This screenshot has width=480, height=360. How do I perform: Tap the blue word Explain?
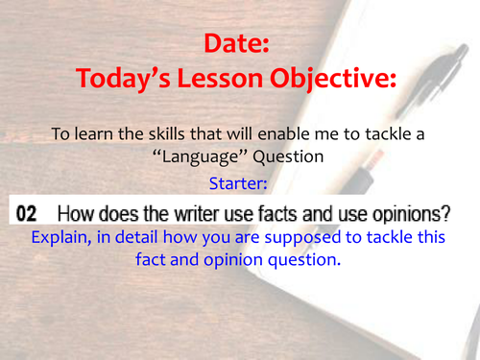point(62,236)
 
